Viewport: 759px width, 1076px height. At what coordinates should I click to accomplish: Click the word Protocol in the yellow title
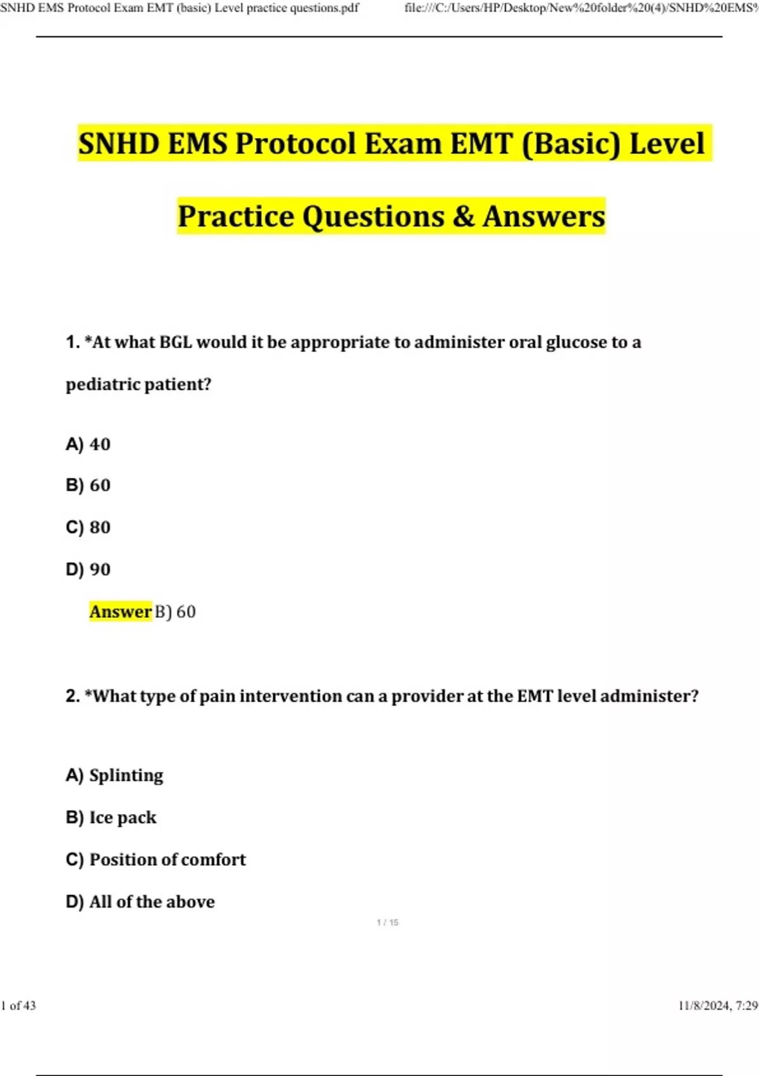coord(296,144)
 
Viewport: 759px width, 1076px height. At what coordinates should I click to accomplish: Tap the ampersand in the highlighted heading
coord(463,216)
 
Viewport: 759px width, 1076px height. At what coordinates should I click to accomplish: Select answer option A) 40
coord(88,444)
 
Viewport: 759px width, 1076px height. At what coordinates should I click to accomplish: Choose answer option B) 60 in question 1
coord(88,485)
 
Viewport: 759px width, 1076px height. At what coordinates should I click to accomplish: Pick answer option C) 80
coord(88,527)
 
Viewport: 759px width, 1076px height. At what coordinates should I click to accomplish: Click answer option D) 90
coord(88,570)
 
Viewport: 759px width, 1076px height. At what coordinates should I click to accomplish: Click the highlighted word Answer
coord(120,612)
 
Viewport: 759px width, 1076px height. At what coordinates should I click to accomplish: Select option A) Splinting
coord(114,775)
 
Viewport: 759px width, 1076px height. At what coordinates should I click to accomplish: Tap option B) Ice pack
coord(111,818)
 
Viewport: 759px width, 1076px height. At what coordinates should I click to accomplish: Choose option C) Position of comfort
coord(156,860)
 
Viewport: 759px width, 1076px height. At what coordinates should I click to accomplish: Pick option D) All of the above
coord(140,902)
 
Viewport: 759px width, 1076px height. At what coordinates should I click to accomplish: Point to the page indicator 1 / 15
coord(387,923)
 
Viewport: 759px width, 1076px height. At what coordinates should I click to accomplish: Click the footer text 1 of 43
coord(18,1006)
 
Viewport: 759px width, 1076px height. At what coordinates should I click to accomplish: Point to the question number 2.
coord(72,696)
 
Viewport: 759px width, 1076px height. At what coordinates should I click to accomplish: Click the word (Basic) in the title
coord(571,144)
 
